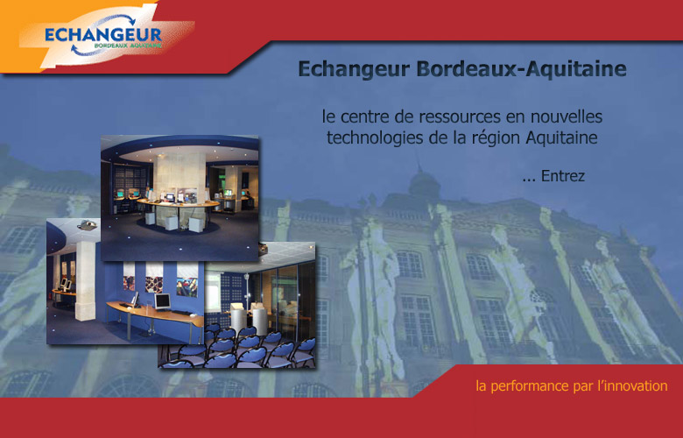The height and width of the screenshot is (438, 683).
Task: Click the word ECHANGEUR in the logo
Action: [103, 35]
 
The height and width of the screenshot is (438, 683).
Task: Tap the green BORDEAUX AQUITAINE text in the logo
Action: [128, 45]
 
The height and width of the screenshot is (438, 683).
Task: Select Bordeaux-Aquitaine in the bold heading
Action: [521, 69]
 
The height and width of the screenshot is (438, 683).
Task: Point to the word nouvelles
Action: [566, 117]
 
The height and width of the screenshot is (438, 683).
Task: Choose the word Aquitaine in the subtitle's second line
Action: [561, 138]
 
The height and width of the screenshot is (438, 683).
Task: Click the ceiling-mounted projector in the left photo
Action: [87, 225]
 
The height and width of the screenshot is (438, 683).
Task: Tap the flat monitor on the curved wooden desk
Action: [163, 301]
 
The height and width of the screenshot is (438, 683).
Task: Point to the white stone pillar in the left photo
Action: [86, 281]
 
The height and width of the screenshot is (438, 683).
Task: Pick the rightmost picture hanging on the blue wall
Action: [187, 279]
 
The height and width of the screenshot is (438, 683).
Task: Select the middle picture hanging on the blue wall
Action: [154, 278]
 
